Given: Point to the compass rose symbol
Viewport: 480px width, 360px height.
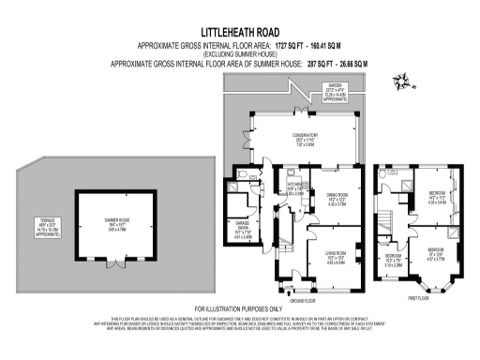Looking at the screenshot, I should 401,81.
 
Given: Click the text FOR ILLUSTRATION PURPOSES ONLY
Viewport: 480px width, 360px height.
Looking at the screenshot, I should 238,308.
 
